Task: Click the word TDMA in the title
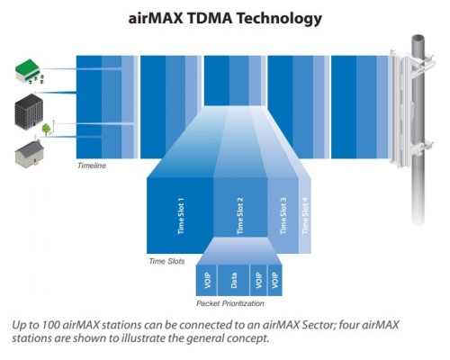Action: (209, 18)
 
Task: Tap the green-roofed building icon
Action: (29, 72)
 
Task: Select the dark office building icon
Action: (29, 112)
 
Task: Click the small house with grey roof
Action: (29, 153)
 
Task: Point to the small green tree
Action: (46, 130)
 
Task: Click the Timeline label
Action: (92, 166)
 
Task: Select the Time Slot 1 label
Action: (181, 216)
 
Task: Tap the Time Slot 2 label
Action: (240, 216)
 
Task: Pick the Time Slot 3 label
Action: (283, 216)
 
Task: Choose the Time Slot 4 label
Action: (305, 216)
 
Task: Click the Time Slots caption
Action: (166, 261)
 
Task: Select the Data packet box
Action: (233, 280)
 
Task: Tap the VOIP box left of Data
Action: (207, 280)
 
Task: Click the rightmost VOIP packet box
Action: (274, 280)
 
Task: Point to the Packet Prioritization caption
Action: (230, 303)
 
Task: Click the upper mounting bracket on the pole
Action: (420, 65)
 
